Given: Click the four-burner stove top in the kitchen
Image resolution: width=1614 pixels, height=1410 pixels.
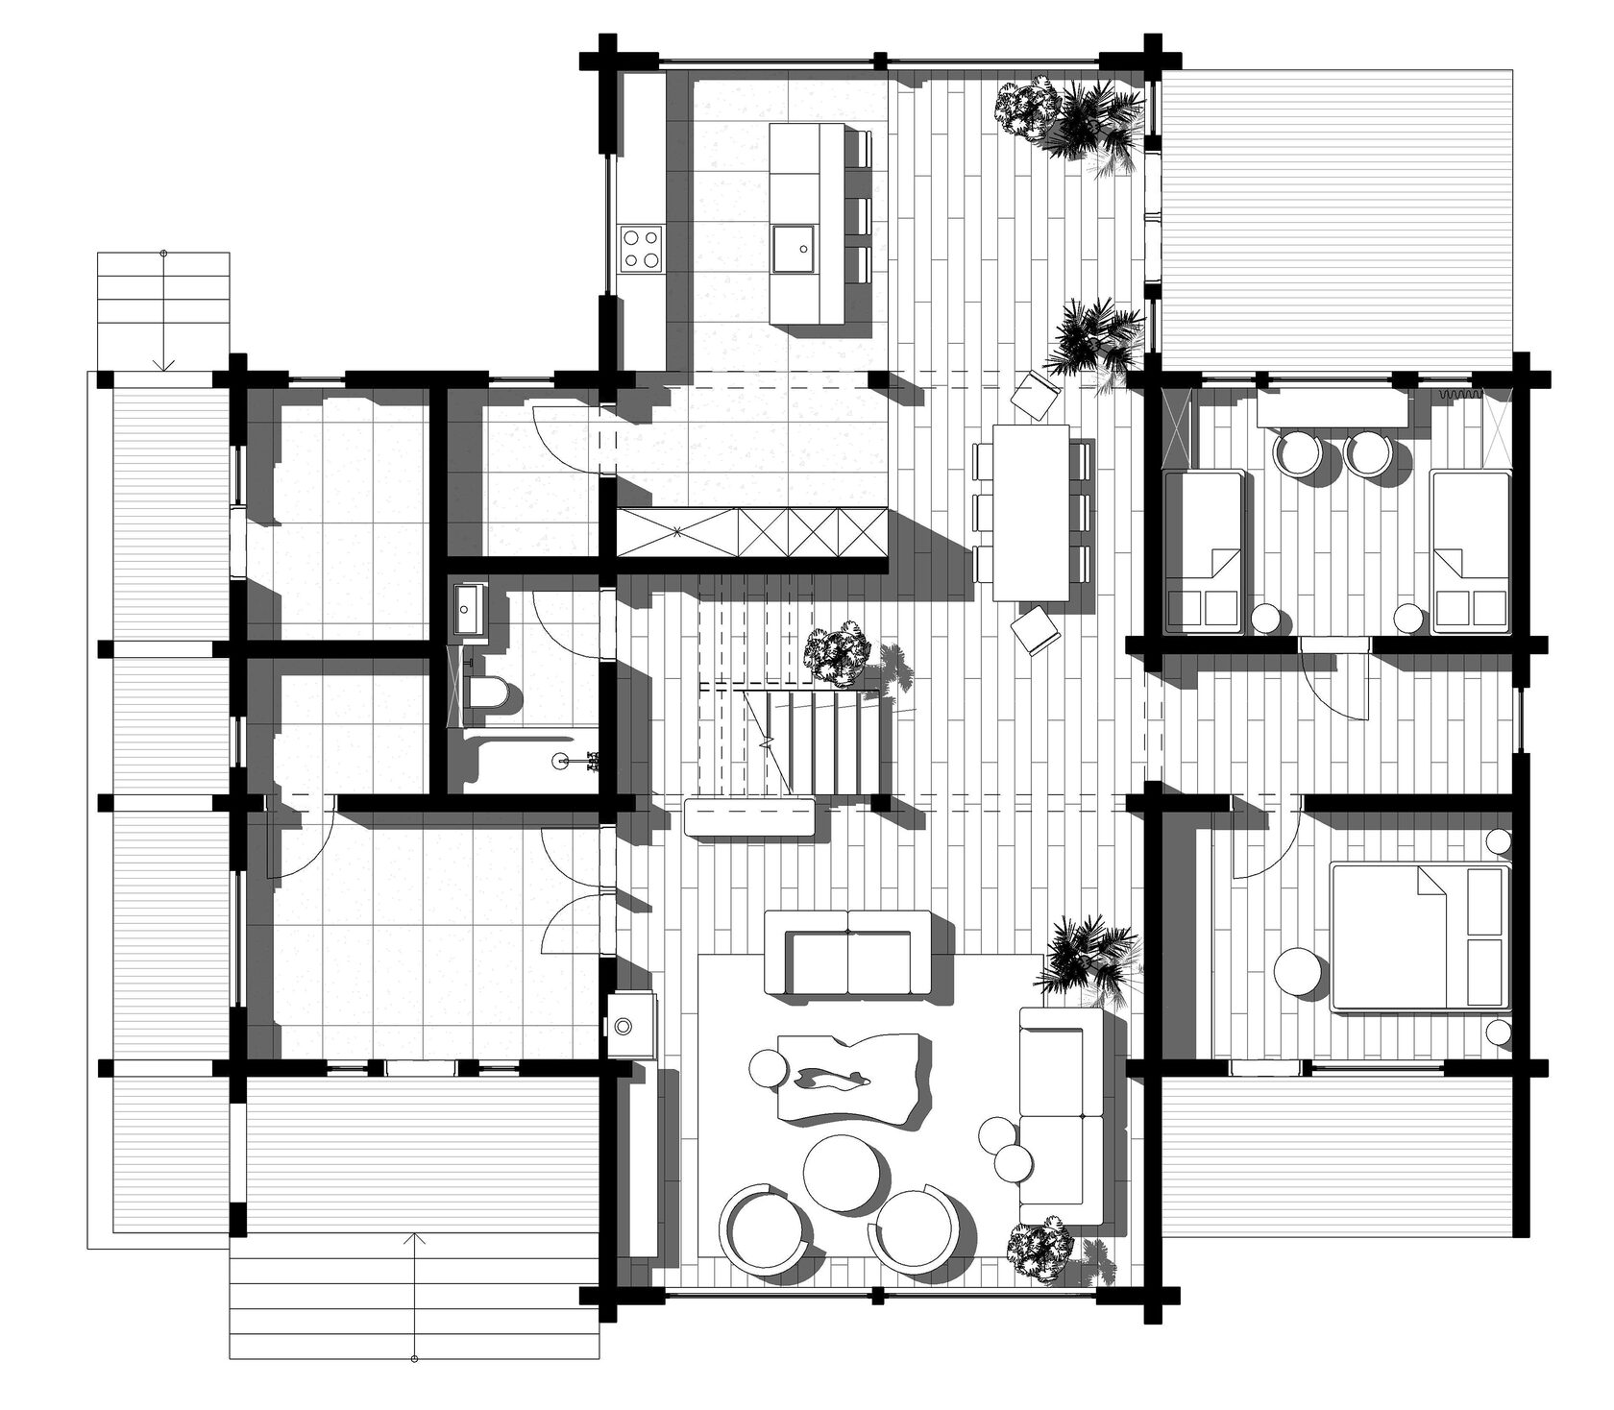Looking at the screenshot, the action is (642, 247).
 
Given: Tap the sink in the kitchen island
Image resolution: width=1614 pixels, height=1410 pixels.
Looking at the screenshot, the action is (795, 247).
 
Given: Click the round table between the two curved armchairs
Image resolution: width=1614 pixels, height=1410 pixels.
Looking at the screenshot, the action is (841, 1172).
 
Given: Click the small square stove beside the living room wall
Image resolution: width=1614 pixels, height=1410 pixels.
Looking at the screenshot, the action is (624, 1027).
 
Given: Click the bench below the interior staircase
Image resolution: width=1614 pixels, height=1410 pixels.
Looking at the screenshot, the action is (750, 818).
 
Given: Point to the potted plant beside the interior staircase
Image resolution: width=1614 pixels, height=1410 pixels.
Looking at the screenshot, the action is (839, 652).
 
